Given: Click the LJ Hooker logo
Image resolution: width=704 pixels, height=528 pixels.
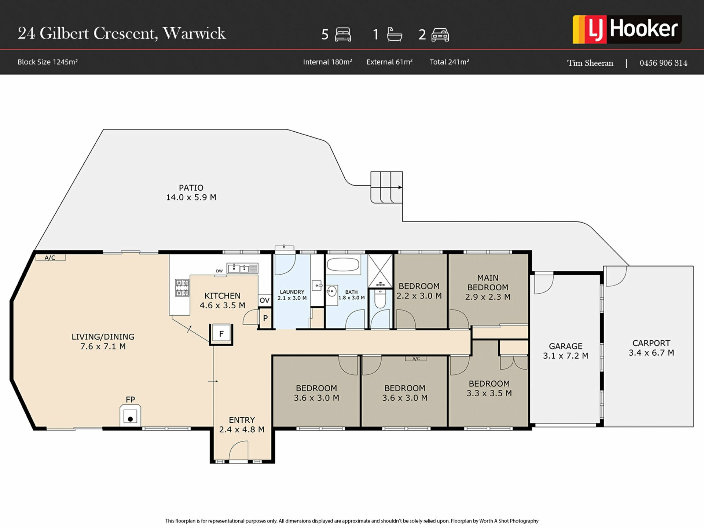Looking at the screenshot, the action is (627, 29).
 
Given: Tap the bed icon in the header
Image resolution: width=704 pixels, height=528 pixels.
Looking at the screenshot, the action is (343, 34).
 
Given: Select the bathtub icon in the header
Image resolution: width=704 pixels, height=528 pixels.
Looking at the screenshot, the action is (395, 34).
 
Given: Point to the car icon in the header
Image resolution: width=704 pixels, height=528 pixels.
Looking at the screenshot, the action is (440, 35).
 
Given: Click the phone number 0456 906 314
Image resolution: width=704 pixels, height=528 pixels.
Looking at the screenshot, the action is (663, 63).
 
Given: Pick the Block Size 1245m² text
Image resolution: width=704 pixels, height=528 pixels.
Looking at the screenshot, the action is (48, 62).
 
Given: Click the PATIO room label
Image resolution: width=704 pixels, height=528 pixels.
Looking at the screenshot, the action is (191, 188).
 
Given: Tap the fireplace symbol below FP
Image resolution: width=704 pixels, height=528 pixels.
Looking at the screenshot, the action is (130, 416).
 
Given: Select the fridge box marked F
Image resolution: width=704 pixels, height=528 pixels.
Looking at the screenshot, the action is (221, 334).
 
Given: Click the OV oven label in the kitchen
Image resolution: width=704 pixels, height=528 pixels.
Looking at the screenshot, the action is (264, 300).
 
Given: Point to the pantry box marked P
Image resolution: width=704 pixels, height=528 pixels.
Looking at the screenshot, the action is (265, 318).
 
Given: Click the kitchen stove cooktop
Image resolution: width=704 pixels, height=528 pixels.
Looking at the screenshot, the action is (182, 288).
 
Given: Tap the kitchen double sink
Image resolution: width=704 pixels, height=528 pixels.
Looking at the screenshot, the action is (242, 268).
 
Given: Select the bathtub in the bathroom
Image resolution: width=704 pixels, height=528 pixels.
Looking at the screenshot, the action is (344, 265).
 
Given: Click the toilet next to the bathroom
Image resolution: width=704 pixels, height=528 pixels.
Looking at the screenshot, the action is (381, 299).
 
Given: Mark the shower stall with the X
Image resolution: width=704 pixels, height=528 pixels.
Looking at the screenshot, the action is (380, 271).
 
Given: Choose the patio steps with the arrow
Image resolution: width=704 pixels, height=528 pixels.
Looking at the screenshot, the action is (386, 187).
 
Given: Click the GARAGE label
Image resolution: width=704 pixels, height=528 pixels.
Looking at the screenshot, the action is (565, 346).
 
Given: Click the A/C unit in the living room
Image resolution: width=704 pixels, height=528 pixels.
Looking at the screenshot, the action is (50, 257).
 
